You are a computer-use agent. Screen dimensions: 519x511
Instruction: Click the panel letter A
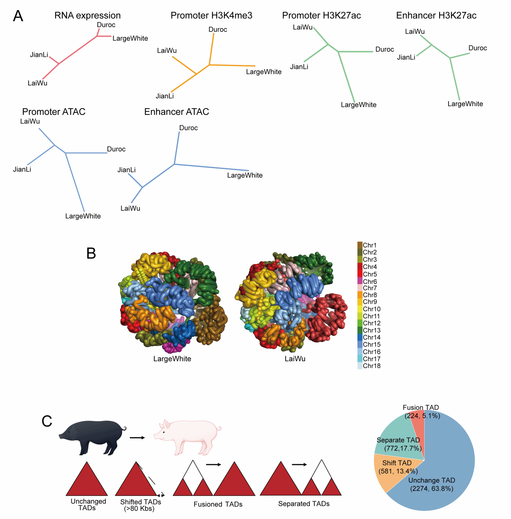[x=18, y=16]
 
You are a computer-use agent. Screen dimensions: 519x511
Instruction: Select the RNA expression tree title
[x=87, y=15]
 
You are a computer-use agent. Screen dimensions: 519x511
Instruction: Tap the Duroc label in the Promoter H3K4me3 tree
[x=218, y=29]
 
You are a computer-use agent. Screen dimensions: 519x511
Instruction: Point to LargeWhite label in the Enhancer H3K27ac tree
[x=465, y=104]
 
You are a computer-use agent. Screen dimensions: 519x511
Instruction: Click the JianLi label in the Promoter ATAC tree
[x=22, y=169]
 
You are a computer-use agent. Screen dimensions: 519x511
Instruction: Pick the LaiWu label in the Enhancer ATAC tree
[x=130, y=208]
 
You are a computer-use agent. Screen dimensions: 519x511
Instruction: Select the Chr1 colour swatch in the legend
[x=360, y=245]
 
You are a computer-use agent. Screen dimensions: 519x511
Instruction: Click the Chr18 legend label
[x=372, y=366]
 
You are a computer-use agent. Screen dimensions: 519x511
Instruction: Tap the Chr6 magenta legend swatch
[x=360, y=281]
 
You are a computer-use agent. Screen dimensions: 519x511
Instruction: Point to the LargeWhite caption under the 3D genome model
[x=172, y=359]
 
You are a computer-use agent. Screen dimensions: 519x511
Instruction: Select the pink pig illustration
[x=187, y=436]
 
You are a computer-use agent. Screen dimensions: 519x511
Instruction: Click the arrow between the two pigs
[x=137, y=438]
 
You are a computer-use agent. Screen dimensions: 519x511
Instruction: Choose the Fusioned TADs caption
[x=218, y=504]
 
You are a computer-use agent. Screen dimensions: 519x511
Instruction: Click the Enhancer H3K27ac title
[x=436, y=15]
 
